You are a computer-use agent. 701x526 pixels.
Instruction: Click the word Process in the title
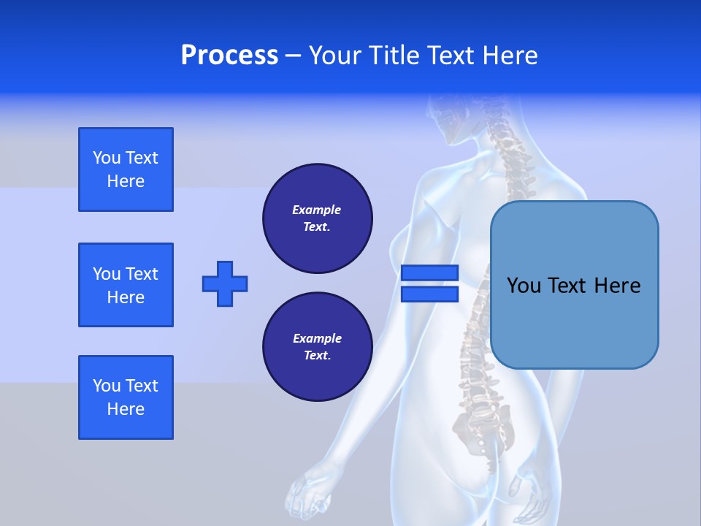tap(229, 56)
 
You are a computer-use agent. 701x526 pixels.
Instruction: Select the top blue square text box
tap(126, 169)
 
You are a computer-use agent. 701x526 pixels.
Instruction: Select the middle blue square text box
tap(126, 285)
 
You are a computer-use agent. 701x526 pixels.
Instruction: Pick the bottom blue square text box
tap(126, 397)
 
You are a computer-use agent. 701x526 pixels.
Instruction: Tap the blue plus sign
tap(225, 283)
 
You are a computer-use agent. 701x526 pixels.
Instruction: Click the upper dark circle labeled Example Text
tap(317, 218)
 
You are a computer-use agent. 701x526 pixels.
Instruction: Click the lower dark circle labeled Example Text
tap(317, 347)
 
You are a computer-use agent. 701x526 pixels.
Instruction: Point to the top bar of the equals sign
tap(429, 273)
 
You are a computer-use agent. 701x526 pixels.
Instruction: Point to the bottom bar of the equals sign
tap(429, 294)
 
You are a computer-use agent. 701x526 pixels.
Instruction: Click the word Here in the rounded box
tap(617, 286)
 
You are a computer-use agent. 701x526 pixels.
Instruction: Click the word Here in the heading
tap(509, 56)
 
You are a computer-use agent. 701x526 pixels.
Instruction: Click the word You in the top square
tap(107, 158)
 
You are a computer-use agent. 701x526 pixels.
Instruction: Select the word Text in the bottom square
tap(142, 386)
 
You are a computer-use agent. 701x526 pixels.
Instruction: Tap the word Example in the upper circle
tap(316, 210)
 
